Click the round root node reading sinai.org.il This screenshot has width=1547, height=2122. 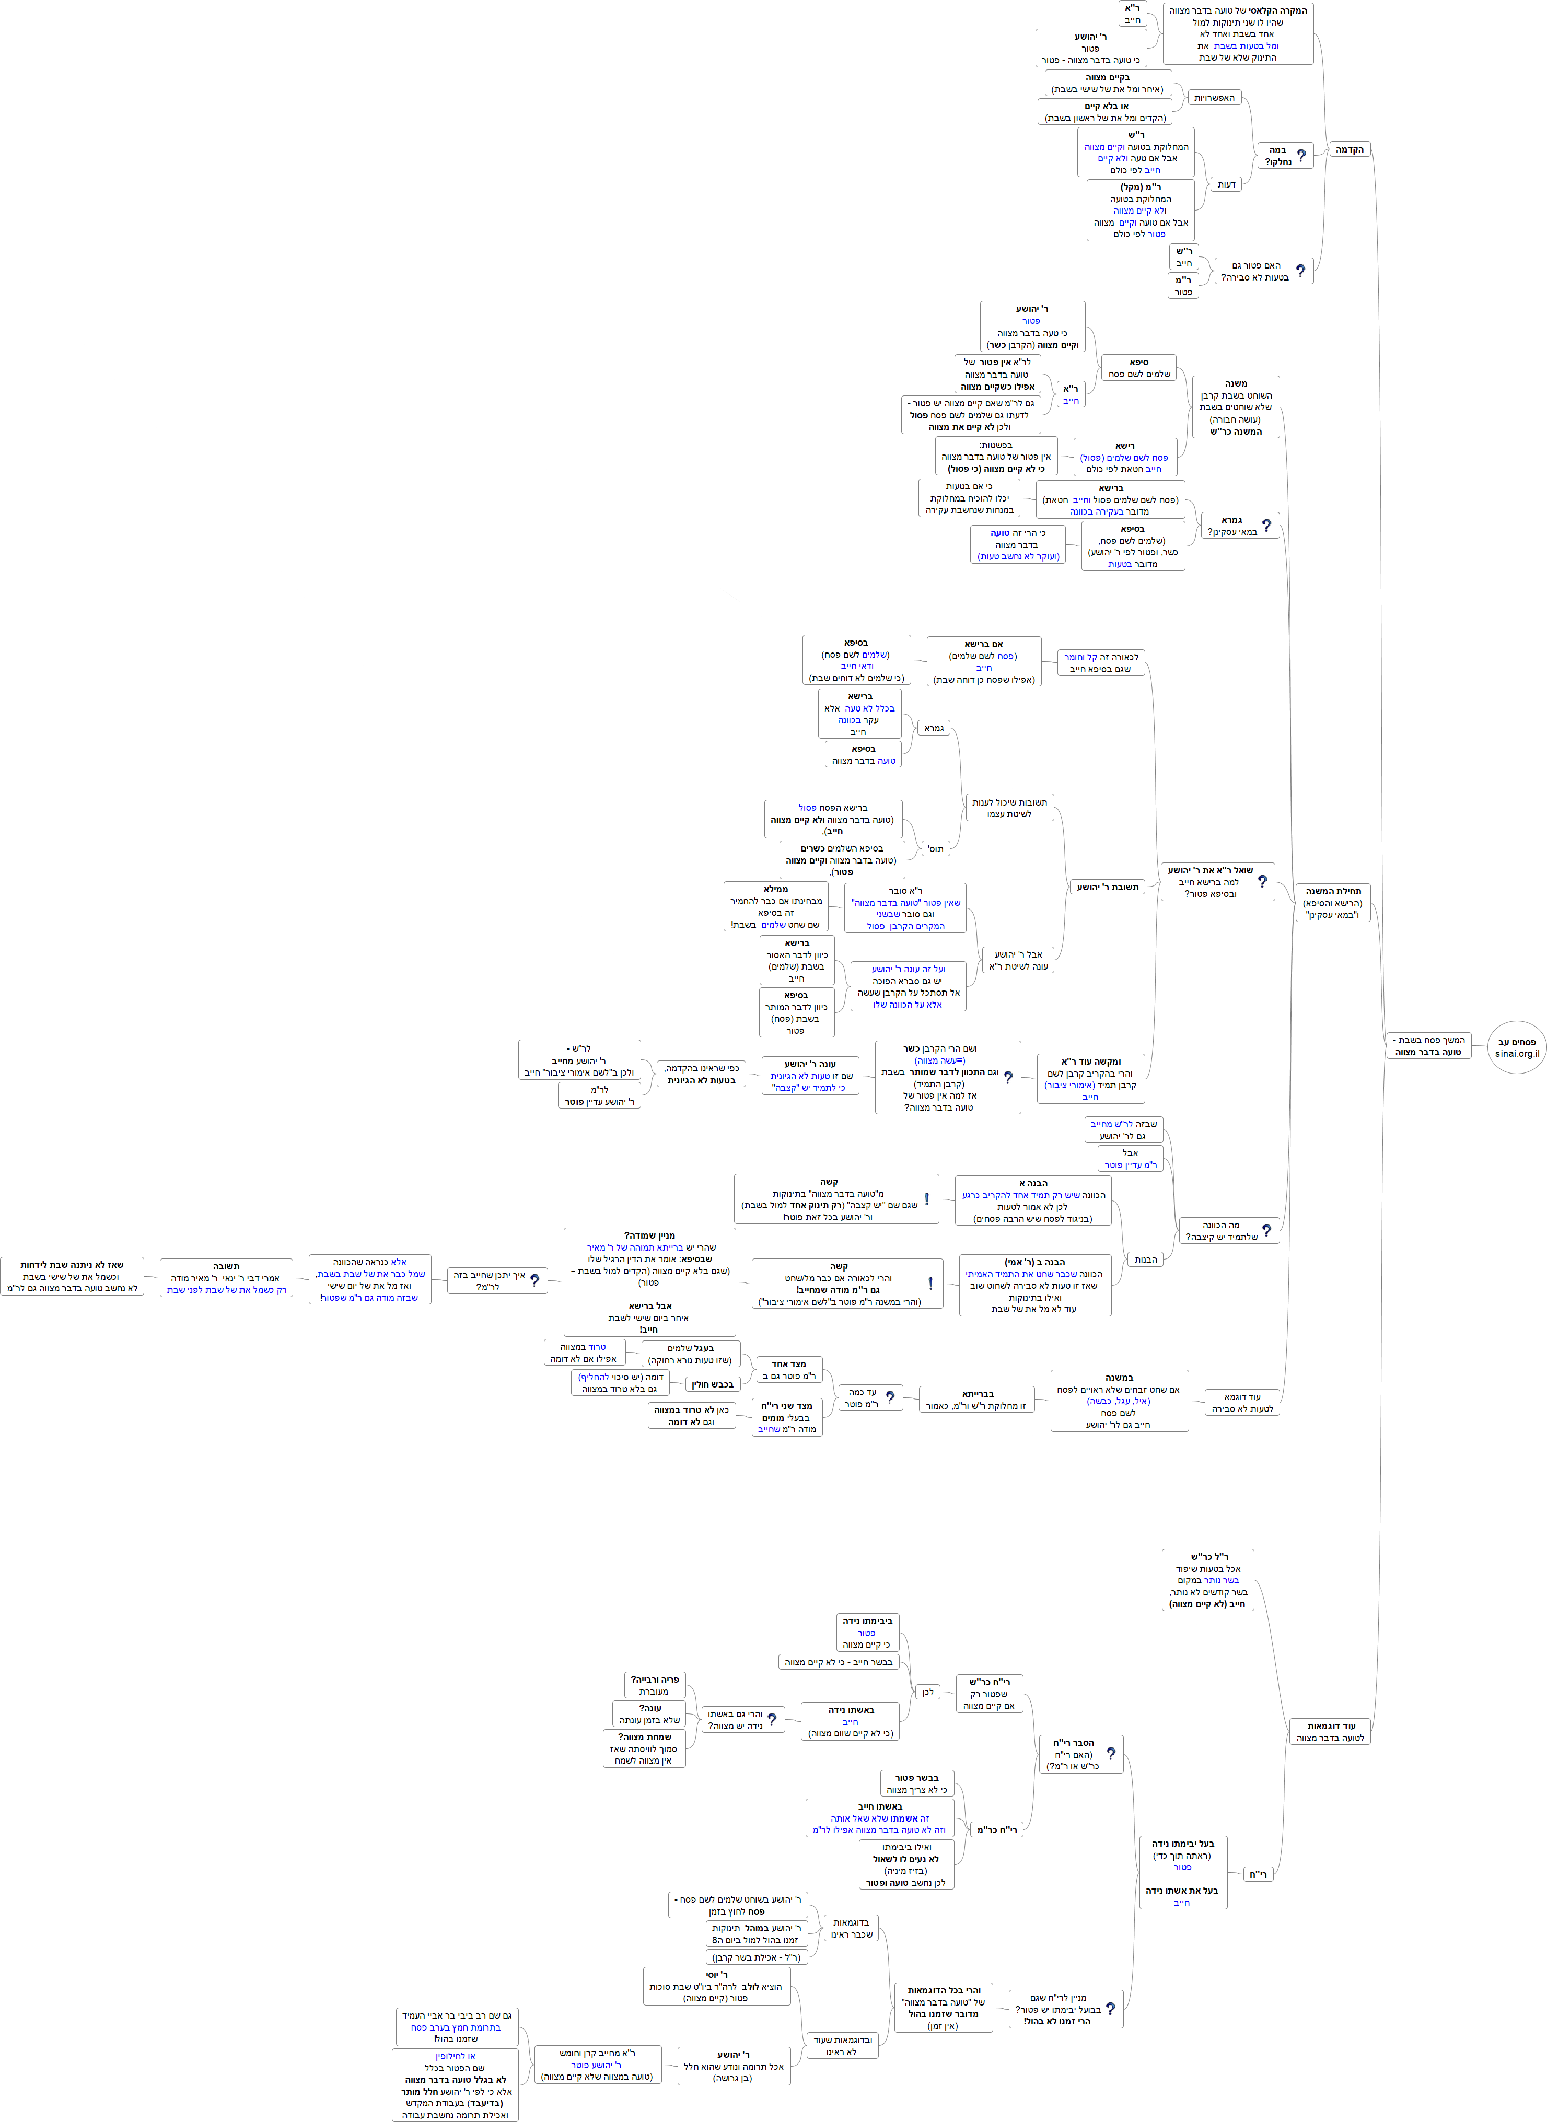(1516, 1047)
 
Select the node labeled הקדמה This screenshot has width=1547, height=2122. (1350, 150)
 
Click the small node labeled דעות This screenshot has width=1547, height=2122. (1226, 184)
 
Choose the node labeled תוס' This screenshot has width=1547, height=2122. (936, 848)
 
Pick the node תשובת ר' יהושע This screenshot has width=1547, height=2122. (1108, 887)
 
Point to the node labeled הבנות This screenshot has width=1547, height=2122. (1145, 1260)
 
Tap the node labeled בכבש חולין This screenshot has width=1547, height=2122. (713, 1384)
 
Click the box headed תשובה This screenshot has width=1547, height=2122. (226, 1278)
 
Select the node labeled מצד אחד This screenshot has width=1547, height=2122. (788, 1370)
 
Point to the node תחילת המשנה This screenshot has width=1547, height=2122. (1333, 903)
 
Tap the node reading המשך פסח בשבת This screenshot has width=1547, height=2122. (1428, 1046)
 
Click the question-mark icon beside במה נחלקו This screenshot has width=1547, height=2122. (1301, 156)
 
